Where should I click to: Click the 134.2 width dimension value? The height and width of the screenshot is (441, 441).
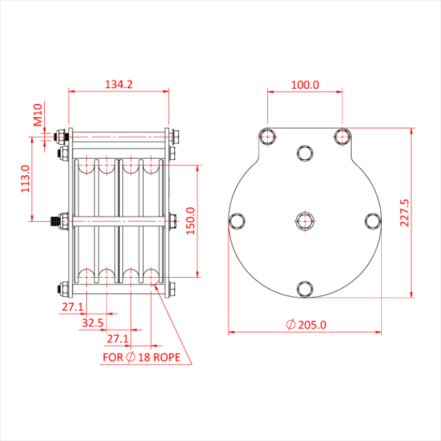click(x=118, y=84)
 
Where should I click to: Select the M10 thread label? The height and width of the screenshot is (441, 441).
click(x=38, y=115)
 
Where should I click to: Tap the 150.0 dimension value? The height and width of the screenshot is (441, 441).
click(x=190, y=220)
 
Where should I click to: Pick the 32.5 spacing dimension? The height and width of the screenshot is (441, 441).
click(x=93, y=323)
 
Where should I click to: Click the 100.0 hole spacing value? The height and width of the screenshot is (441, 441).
click(x=305, y=84)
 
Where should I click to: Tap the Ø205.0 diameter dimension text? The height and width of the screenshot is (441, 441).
click(x=306, y=325)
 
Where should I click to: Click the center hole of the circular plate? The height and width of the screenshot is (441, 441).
click(x=305, y=220)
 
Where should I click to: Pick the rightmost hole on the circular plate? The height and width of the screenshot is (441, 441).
click(x=373, y=220)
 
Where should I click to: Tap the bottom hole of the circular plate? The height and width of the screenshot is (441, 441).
click(x=305, y=289)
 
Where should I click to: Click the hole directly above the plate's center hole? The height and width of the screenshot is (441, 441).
click(x=305, y=152)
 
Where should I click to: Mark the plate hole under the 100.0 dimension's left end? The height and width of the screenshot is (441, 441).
click(x=268, y=136)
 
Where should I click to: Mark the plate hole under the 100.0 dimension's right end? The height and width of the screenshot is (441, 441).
click(x=342, y=136)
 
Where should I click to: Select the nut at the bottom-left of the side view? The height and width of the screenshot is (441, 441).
click(x=63, y=290)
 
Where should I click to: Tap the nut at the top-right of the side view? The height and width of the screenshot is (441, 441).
click(x=175, y=136)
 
